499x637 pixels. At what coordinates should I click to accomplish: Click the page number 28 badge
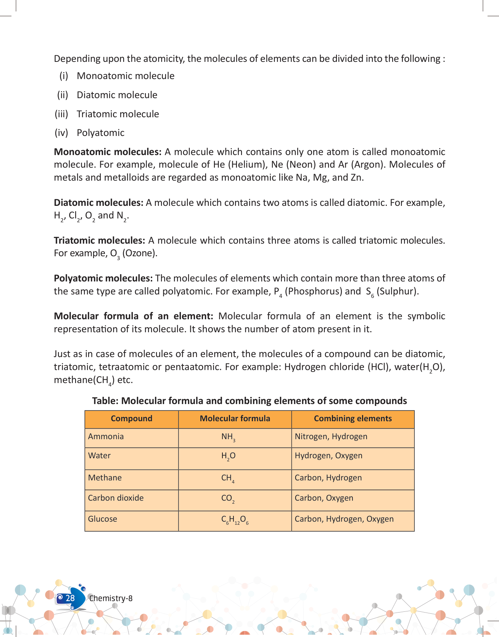[x=70, y=598]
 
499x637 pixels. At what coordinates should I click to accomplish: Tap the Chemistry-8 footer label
[x=111, y=598]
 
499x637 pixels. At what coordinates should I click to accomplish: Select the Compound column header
[x=131, y=419]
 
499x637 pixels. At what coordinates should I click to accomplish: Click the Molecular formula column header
[x=235, y=419]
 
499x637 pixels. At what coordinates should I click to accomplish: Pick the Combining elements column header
[x=353, y=419]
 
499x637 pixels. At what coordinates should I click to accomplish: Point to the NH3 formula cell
[x=228, y=437]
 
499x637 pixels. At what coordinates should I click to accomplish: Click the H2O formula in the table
[x=228, y=456]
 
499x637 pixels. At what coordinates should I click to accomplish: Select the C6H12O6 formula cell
[x=235, y=520]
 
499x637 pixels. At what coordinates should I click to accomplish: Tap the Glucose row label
[x=102, y=519]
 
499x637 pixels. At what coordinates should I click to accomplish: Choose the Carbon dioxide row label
[x=116, y=498]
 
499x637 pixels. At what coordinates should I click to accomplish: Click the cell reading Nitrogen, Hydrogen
[x=331, y=437]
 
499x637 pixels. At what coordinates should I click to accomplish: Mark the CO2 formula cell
[x=228, y=498]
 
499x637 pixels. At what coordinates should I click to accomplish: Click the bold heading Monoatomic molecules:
[x=108, y=152]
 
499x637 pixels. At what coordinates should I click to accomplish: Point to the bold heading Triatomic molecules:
[x=99, y=241]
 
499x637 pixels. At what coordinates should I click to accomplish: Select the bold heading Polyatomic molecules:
[x=103, y=278]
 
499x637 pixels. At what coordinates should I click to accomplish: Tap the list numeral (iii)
[x=61, y=114]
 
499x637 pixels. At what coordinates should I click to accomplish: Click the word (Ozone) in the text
[x=140, y=253]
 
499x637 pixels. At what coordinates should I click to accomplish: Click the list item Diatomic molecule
[x=117, y=95]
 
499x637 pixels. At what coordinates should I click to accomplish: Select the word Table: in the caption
[x=105, y=401]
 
